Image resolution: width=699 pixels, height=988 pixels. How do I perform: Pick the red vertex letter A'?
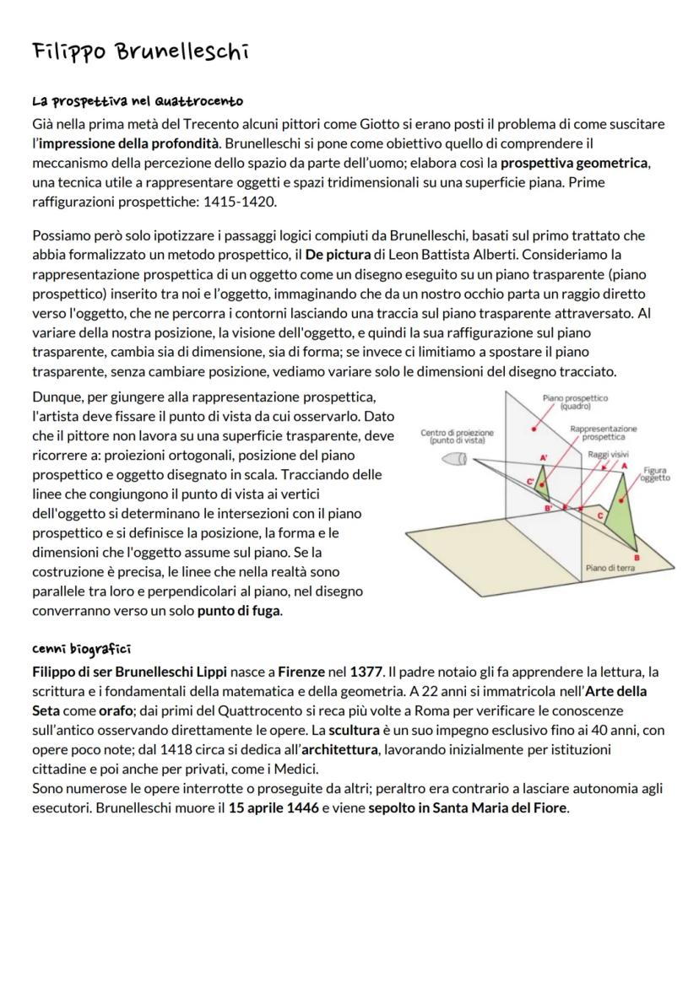coord(545,456)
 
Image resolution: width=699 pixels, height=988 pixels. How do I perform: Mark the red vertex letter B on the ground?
coord(637,559)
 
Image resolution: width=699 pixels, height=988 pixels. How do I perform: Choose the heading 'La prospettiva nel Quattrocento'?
coord(138,101)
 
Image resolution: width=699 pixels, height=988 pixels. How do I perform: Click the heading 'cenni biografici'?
coord(81,649)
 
